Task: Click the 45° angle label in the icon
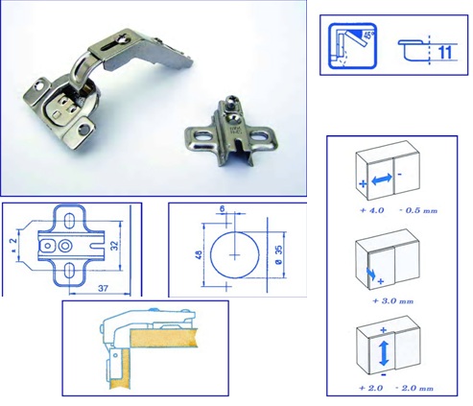click(x=368, y=35)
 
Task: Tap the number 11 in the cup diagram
click(x=445, y=52)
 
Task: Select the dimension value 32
click(x=114, y=245)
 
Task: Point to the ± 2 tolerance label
click(x=13, y=246)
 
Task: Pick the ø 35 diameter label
click(x=278, y=255)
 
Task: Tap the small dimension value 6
click(x=222, y=209)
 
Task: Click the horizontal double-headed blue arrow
click(x=382, y=179)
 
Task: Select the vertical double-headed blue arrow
click(x=384, y=353)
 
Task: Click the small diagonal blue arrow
click(x=371, y=273)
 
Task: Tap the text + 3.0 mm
click(x=393, y=301)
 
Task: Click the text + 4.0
click(x=371, y=210)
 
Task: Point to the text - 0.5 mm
click(x=418, y=210)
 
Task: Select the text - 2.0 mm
click(x=414, y=388)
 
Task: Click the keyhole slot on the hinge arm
click(x=116, y=44)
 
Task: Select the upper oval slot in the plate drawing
click(x=68, y=221)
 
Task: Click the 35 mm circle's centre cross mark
click(x=235, y=255)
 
